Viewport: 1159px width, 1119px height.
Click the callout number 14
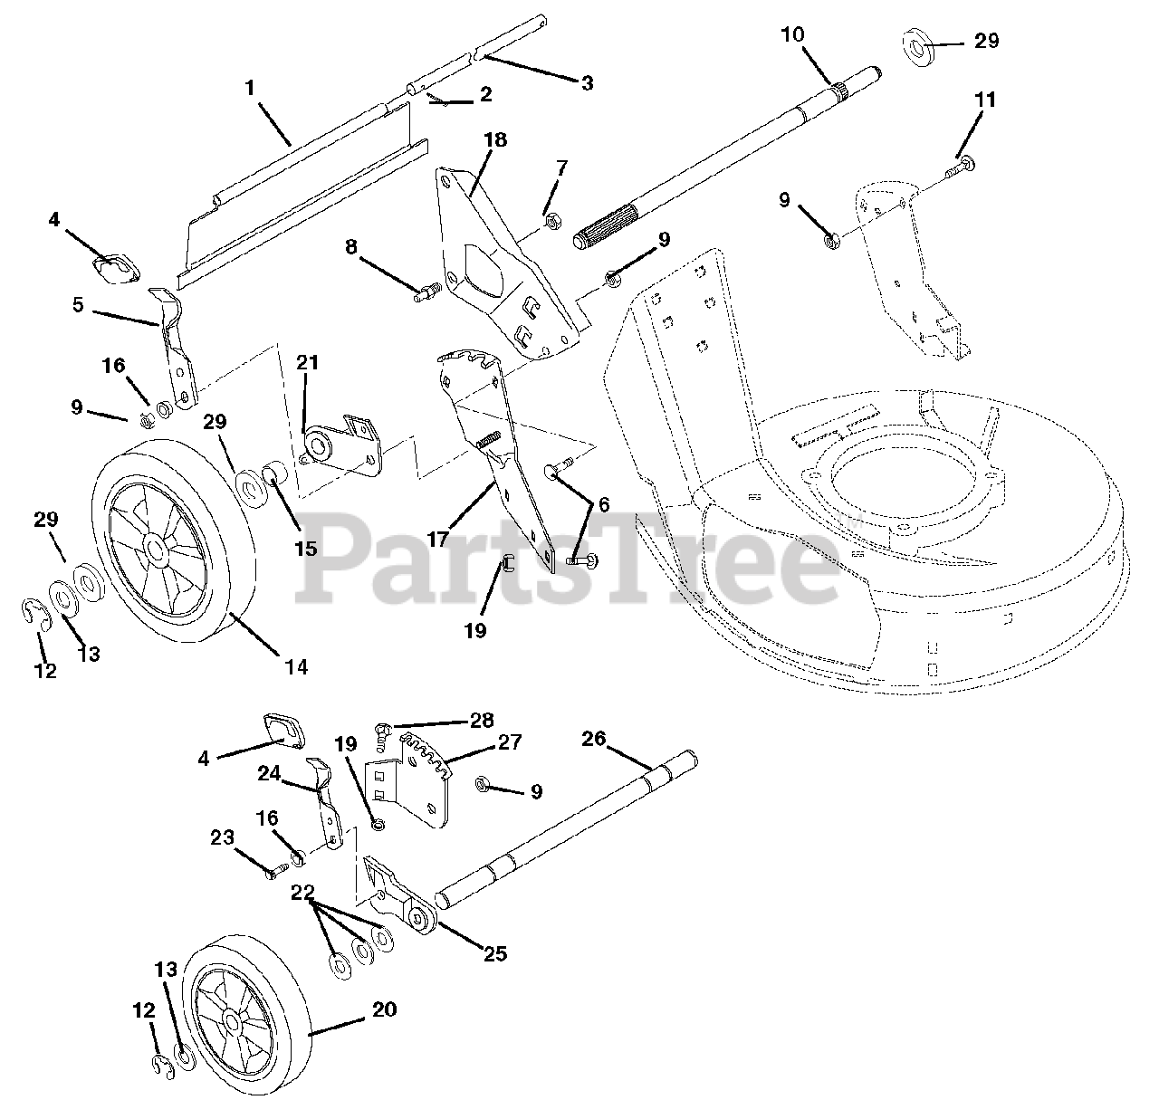(296, 667)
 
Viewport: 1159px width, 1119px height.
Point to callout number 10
(791, 34)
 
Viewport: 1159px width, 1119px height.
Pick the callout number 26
(593, 740)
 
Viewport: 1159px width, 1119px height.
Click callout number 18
(495, 140)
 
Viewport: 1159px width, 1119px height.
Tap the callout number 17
(438, 539)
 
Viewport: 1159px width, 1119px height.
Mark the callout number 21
(308, 363)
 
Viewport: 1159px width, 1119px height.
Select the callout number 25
(495, 953)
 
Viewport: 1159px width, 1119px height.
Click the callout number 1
(250, 88)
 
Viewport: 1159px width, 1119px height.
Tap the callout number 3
(587, 83)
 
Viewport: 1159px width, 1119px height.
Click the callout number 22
(302, 893)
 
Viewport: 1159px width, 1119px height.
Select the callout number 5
(78, 305)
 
